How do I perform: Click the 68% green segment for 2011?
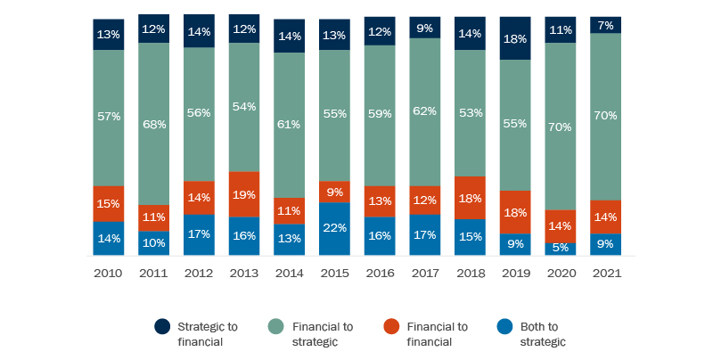(153, 123)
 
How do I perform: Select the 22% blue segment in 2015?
(334, 229)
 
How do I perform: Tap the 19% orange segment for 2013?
(243, 194)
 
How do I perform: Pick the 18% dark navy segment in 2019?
(515, 38)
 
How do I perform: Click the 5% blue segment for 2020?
(561, 249)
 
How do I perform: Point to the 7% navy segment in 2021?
(606, 25)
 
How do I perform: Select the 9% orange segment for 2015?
(334, 192)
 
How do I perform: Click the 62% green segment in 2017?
(425, 112)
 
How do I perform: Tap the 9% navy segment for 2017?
(425, 28)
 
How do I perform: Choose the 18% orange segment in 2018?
(470, 197)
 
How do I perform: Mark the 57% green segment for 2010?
(108, 118)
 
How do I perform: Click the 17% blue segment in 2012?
(199, 235)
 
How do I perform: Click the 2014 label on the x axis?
(289, 274)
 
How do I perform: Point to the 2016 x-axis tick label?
(380, 274)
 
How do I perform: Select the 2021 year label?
(606, 274)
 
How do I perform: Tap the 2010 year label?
(108, 274)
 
